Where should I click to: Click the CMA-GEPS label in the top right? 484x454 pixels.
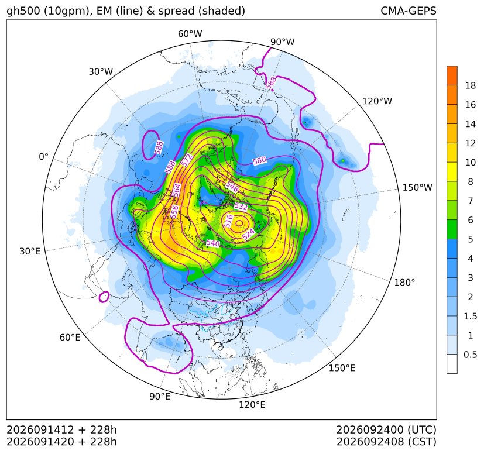(409, 11)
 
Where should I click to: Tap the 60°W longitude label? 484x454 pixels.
(190, 34)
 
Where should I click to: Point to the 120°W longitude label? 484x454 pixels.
(377, 101)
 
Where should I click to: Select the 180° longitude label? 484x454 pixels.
(404, 282)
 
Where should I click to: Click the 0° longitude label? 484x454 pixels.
(43, 157)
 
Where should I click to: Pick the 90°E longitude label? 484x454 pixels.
(160, 397)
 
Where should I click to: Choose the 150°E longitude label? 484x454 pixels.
(342, 368)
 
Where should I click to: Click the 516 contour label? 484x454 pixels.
(228, 221)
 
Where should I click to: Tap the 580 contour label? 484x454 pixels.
(259, 160)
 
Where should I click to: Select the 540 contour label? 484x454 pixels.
(213, 243)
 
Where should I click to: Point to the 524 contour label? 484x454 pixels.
(249, 234)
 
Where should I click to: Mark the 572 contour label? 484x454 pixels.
(187, 160)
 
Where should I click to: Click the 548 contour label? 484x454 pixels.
(232, 186)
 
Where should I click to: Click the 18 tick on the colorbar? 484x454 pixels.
(471, 85)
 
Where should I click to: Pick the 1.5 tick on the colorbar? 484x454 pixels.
(471, 316)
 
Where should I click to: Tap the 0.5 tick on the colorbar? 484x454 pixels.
(471, 355)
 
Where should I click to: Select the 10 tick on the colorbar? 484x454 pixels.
(471, 162)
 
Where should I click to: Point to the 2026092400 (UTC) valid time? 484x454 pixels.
(386, 429)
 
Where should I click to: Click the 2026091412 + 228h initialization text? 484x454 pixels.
(61, 429)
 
